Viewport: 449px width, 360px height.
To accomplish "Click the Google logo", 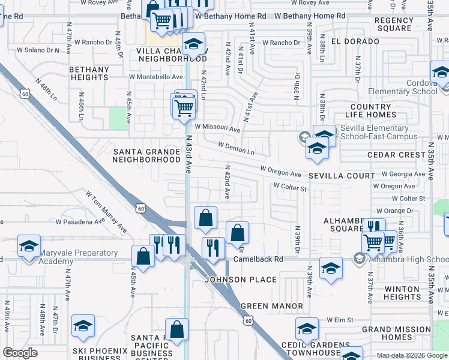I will click(x=21, y=353).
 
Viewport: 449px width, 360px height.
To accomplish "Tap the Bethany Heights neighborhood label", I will click(x=89, y=73).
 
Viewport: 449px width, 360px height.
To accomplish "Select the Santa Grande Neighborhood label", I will click(x=146, y=156).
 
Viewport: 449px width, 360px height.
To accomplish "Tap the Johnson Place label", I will click(x=241, y=280).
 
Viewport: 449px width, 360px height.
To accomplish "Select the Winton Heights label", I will click(x=402, y=293).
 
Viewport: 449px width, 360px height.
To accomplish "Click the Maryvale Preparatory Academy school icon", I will click(x=29, y=247).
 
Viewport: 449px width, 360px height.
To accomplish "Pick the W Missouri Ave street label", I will click(x=217, y=128).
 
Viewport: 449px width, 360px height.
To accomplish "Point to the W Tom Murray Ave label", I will click(x=106, y=212).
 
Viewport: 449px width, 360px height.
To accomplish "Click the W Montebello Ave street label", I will click(x=155, y=77).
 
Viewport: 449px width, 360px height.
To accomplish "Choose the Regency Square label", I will click(x=393, y=24).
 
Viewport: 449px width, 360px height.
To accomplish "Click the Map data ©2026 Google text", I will click(x=411, y=355).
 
